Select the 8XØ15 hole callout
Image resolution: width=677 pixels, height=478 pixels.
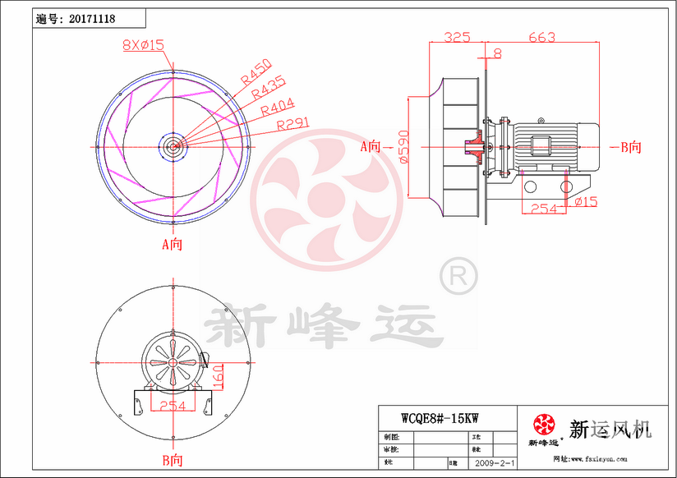point(144,46)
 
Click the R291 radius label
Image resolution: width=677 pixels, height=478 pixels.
point(293,124)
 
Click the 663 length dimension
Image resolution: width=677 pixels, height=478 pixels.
point(541,37)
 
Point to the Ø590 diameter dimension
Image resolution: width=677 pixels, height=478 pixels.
point(403,147)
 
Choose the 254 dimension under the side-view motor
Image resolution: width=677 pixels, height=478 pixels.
point(542,209)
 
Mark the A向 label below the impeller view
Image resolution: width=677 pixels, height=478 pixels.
point(171,244)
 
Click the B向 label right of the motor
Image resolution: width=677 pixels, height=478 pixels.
point(630,147)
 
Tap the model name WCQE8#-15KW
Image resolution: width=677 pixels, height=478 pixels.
point(440,417)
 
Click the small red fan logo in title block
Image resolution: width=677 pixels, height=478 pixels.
point(543,425)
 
